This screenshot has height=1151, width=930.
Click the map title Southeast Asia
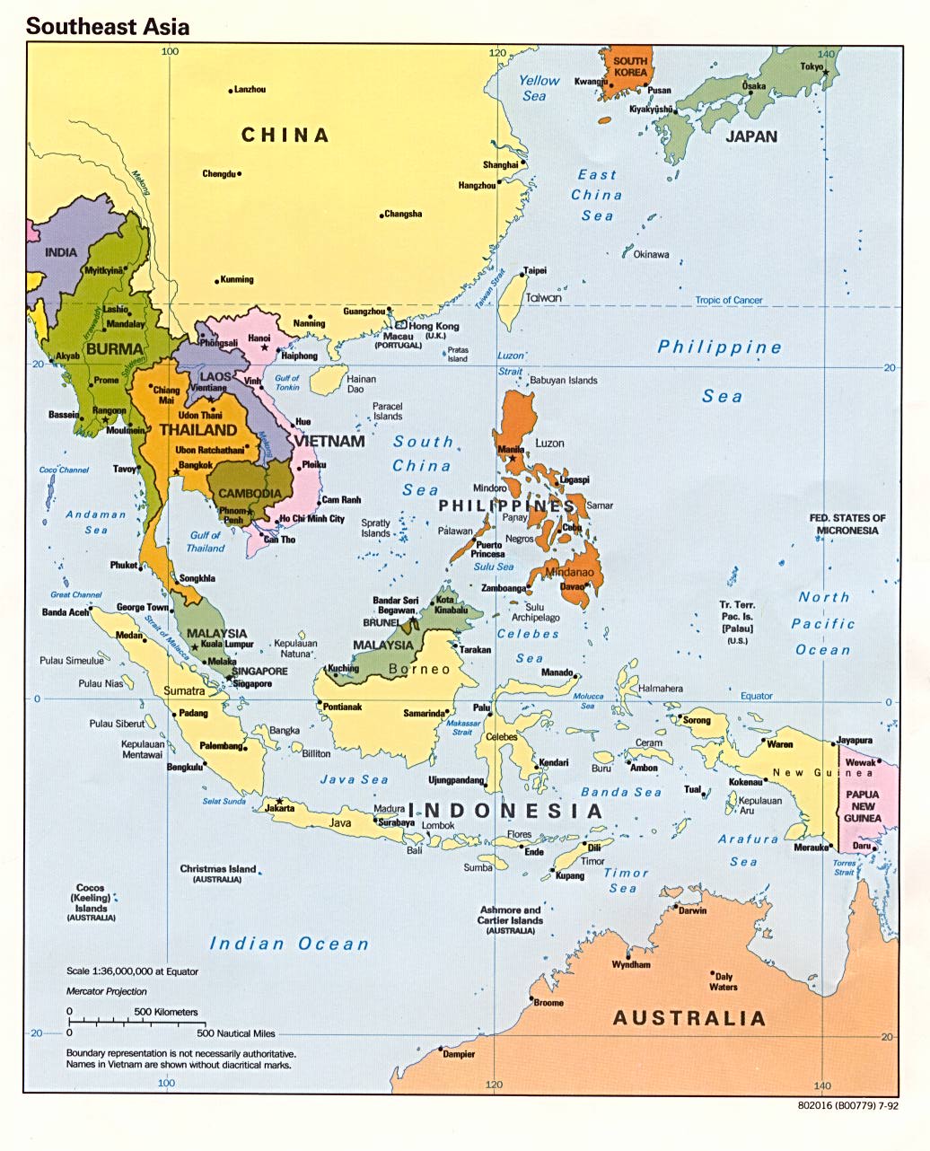coord(107,26)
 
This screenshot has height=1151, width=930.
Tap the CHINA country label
coord(285,136)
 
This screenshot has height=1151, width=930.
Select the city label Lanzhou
coord(250,90)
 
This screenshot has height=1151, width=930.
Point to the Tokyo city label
coord(812,66)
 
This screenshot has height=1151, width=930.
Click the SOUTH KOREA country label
coord(630,66)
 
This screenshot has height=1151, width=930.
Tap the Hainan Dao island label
coord(362,384)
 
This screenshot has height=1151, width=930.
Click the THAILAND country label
coord(198,430)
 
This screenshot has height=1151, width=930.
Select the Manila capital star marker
coord(513,459)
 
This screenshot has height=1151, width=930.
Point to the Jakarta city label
coord(280,808)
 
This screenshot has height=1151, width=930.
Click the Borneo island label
coord(419,669)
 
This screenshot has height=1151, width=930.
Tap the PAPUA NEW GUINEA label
coord(863,806)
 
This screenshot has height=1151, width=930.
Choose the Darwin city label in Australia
coord(692,910)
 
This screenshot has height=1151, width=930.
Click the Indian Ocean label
coord(289,944)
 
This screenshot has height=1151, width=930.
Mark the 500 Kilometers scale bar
coord(135,1019)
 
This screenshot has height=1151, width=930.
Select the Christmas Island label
coord(218,869)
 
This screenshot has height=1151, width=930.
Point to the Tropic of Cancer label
coord(729,301)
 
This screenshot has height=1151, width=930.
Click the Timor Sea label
coord(625,880)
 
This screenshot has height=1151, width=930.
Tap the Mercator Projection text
coord(107,991)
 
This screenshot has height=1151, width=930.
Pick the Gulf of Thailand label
coord(206,541)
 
